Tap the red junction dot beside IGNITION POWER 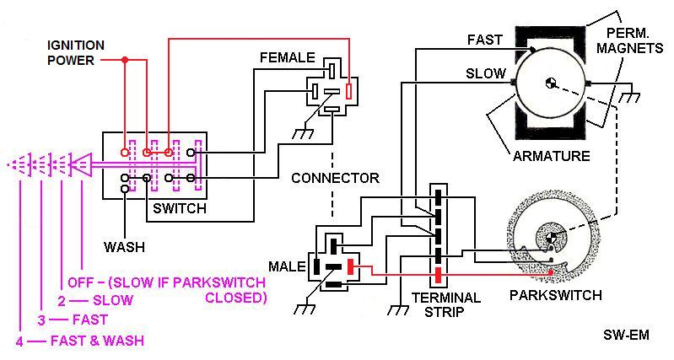click(125, 60)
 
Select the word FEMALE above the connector click(288, 57)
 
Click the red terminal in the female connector click(349, 91)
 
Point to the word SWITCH click(180, 208)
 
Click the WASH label click(124, 247)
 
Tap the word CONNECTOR click(335, 178)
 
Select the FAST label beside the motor click(485, 40)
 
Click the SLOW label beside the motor click(486, 73)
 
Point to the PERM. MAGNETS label click(630, 40)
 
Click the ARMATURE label click(551, 156)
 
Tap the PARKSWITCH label click(555, 295)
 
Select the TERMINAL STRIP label click(445, 304)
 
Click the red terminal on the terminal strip click(438, 275)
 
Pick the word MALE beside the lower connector click(287, 266)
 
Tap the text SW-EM click(626, 335)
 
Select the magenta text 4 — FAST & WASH click(79, 341)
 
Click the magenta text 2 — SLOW click(95, 300)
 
